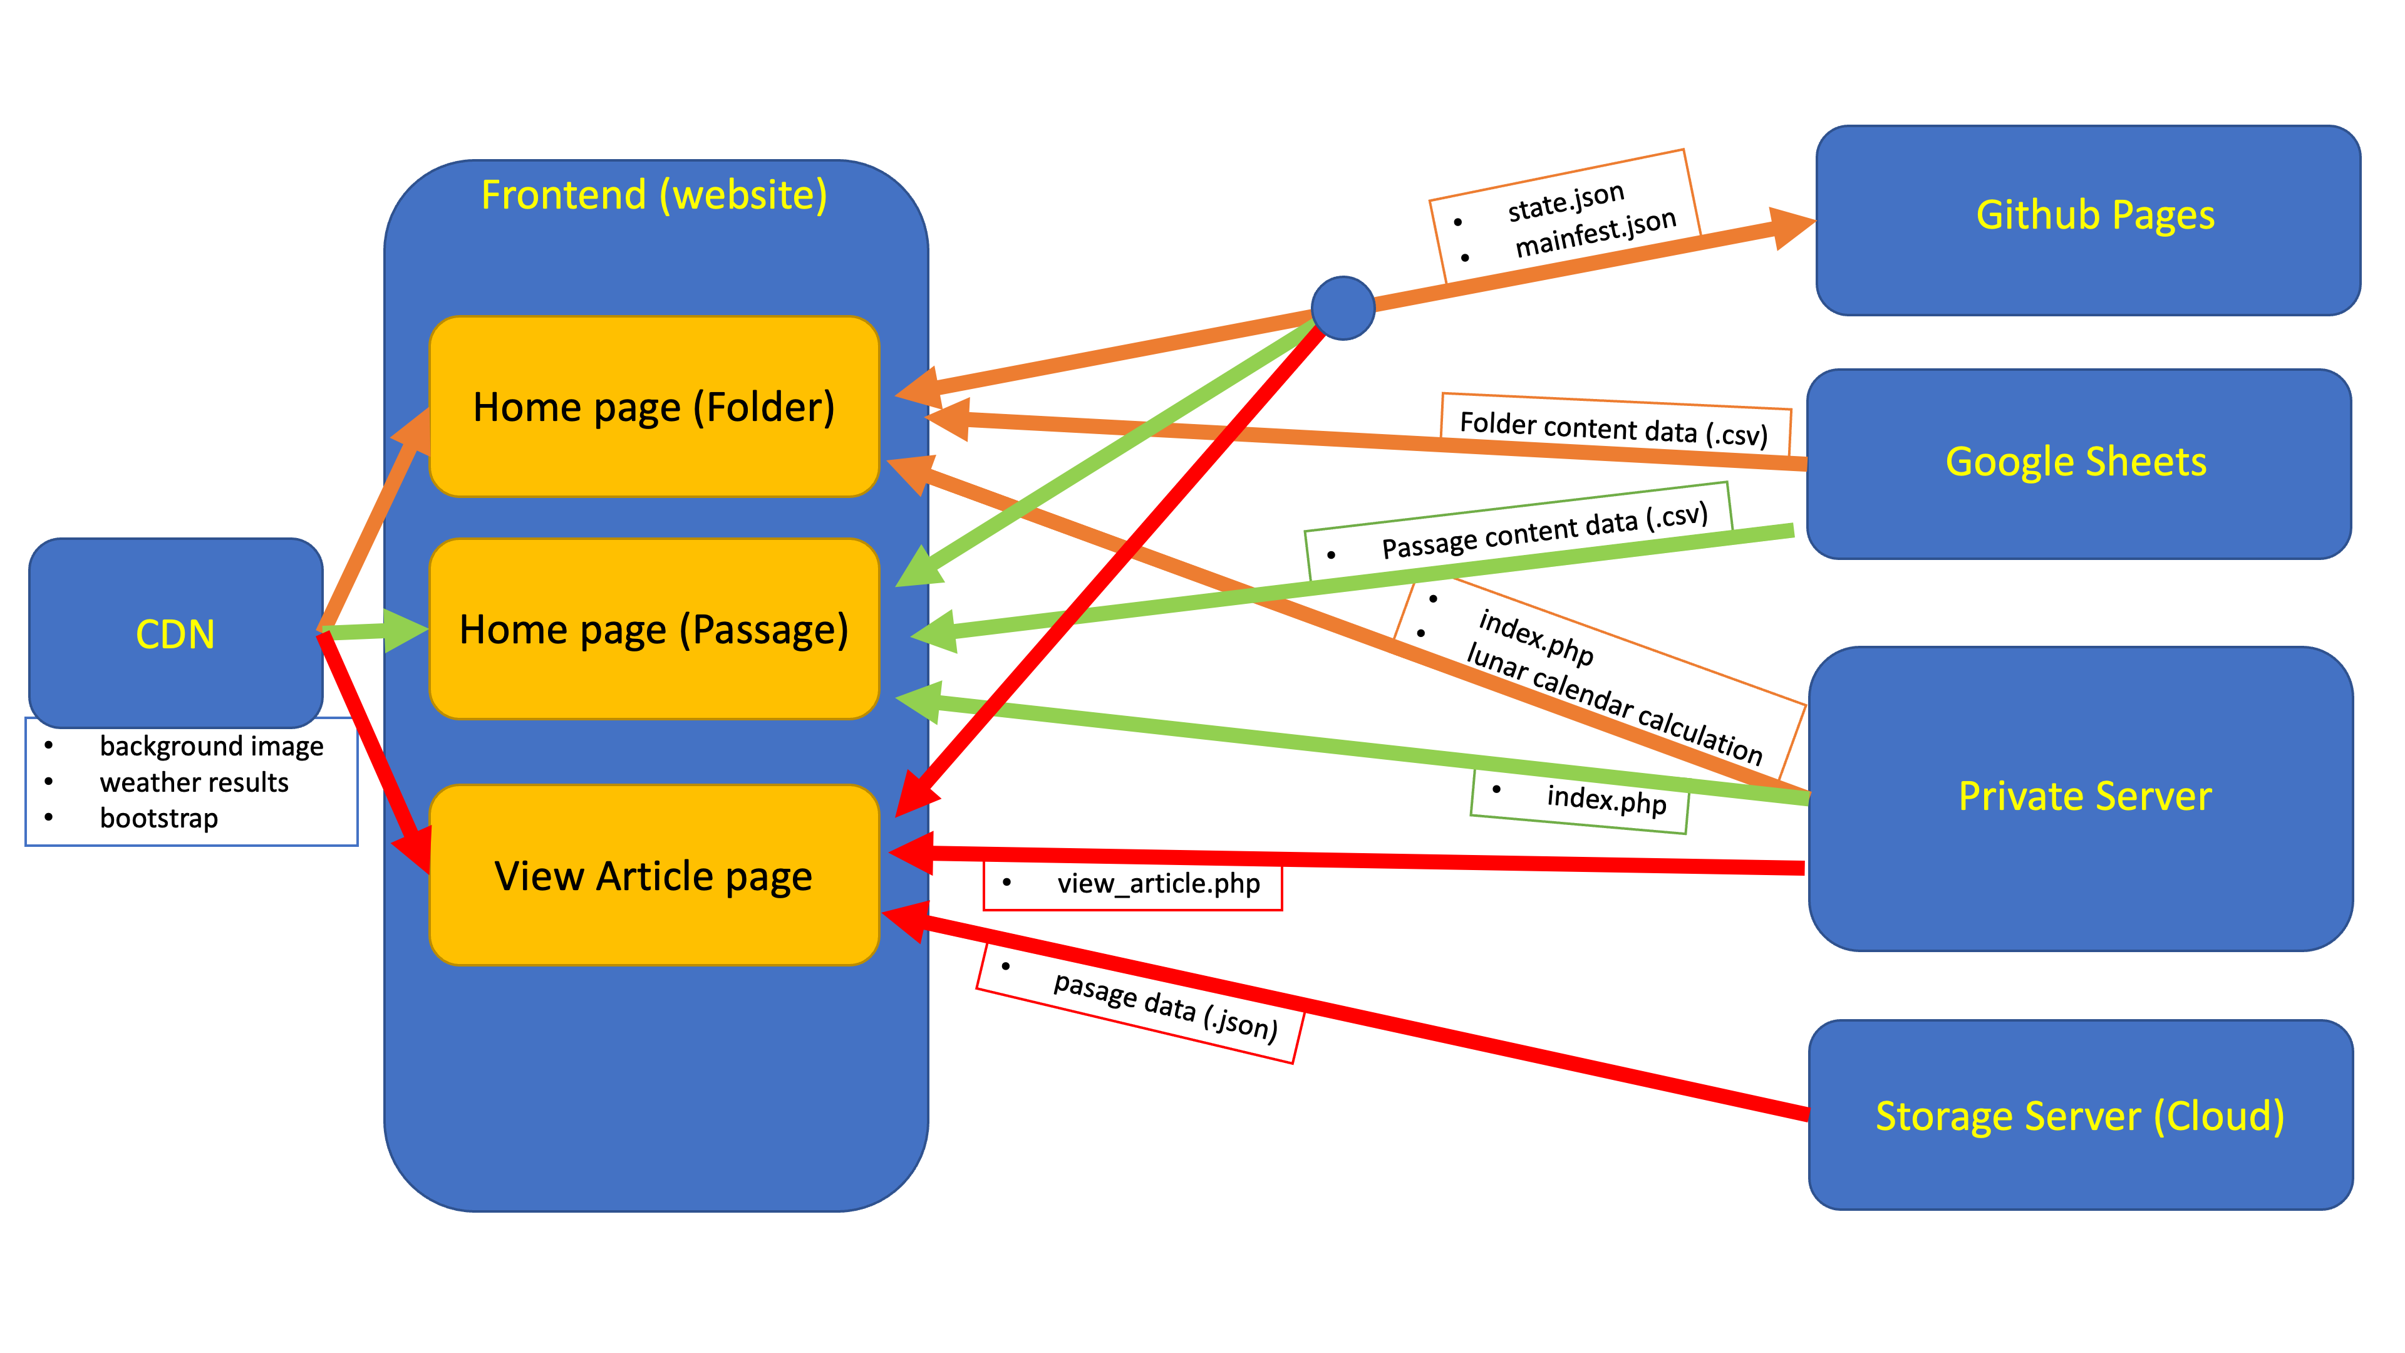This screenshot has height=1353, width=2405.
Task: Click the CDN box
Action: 175,633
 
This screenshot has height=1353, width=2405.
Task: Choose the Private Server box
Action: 2084,797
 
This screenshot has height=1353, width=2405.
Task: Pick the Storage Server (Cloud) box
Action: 2080,1116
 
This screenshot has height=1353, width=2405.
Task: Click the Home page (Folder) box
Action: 653,407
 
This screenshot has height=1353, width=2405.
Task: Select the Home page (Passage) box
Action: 653,630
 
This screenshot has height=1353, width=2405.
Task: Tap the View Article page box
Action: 653,876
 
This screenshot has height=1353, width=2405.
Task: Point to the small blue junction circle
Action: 1343,308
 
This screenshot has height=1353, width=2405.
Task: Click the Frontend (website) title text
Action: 653,195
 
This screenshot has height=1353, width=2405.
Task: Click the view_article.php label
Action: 1157,883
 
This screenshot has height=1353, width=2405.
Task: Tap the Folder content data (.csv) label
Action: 1613,428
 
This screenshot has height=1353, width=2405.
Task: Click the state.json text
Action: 1566,200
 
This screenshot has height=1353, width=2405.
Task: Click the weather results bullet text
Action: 194,782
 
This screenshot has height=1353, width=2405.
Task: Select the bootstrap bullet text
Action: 158,818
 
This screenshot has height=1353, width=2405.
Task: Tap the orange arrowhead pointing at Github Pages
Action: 1791,227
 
